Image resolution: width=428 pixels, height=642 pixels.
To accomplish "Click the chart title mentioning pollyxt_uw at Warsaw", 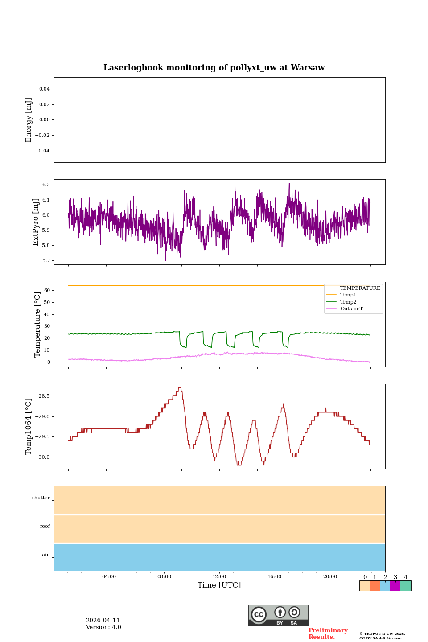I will pyautogui.click(x=214, y=68).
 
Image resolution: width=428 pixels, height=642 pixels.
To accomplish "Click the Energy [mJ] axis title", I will pyautogui.click(x=29, y=120).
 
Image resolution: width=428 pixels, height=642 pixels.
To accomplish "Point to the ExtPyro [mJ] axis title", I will pyautogui.click(x=36, y=222).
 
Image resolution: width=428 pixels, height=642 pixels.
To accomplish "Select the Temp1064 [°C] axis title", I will pyautogui.click(x=29, y=427).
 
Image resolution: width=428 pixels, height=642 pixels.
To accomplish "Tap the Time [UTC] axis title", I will pyautogui.click(x=219, y=585).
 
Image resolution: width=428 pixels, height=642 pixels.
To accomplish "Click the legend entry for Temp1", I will pyautogui.click(x=348, y=295).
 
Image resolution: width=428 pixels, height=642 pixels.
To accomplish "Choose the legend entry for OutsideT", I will pyautogui.click(x=351, y=309).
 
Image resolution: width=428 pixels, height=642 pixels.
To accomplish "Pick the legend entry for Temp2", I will pyautogui.click(x=348, y=302).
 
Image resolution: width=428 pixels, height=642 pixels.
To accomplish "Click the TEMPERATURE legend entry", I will pyautogui.click(x=360, y=288).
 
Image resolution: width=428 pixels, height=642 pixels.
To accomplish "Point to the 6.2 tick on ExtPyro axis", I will pyautogui.click(x=45, y=185).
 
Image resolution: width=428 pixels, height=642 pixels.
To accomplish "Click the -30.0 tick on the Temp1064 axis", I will pyautogui.click(x=43, y=457).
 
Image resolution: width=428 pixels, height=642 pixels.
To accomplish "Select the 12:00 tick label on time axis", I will pyautogui.click(x=219, y=577).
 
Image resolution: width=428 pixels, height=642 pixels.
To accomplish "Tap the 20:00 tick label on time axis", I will pyautogui.click(x=330, y=577).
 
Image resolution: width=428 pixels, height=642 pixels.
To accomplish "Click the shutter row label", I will pyautogui.click(x=41, y=498).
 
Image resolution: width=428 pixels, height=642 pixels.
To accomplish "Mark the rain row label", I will pyautogui.click(x=45, y=555).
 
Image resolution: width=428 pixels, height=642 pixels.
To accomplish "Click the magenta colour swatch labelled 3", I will pyautogui.click(x=395, y=586).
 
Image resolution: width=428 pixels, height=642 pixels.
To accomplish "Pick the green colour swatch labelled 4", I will pyautogui.click(x=406, y=586).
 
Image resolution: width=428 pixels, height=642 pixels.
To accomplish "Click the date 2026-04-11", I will pyautogui.click(x=103, y=621).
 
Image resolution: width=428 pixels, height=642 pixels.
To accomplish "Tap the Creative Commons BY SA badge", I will pyautogui.click(x=278, y=615).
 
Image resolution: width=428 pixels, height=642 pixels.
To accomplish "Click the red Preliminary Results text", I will pyautogui.click(x=328, y=634).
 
